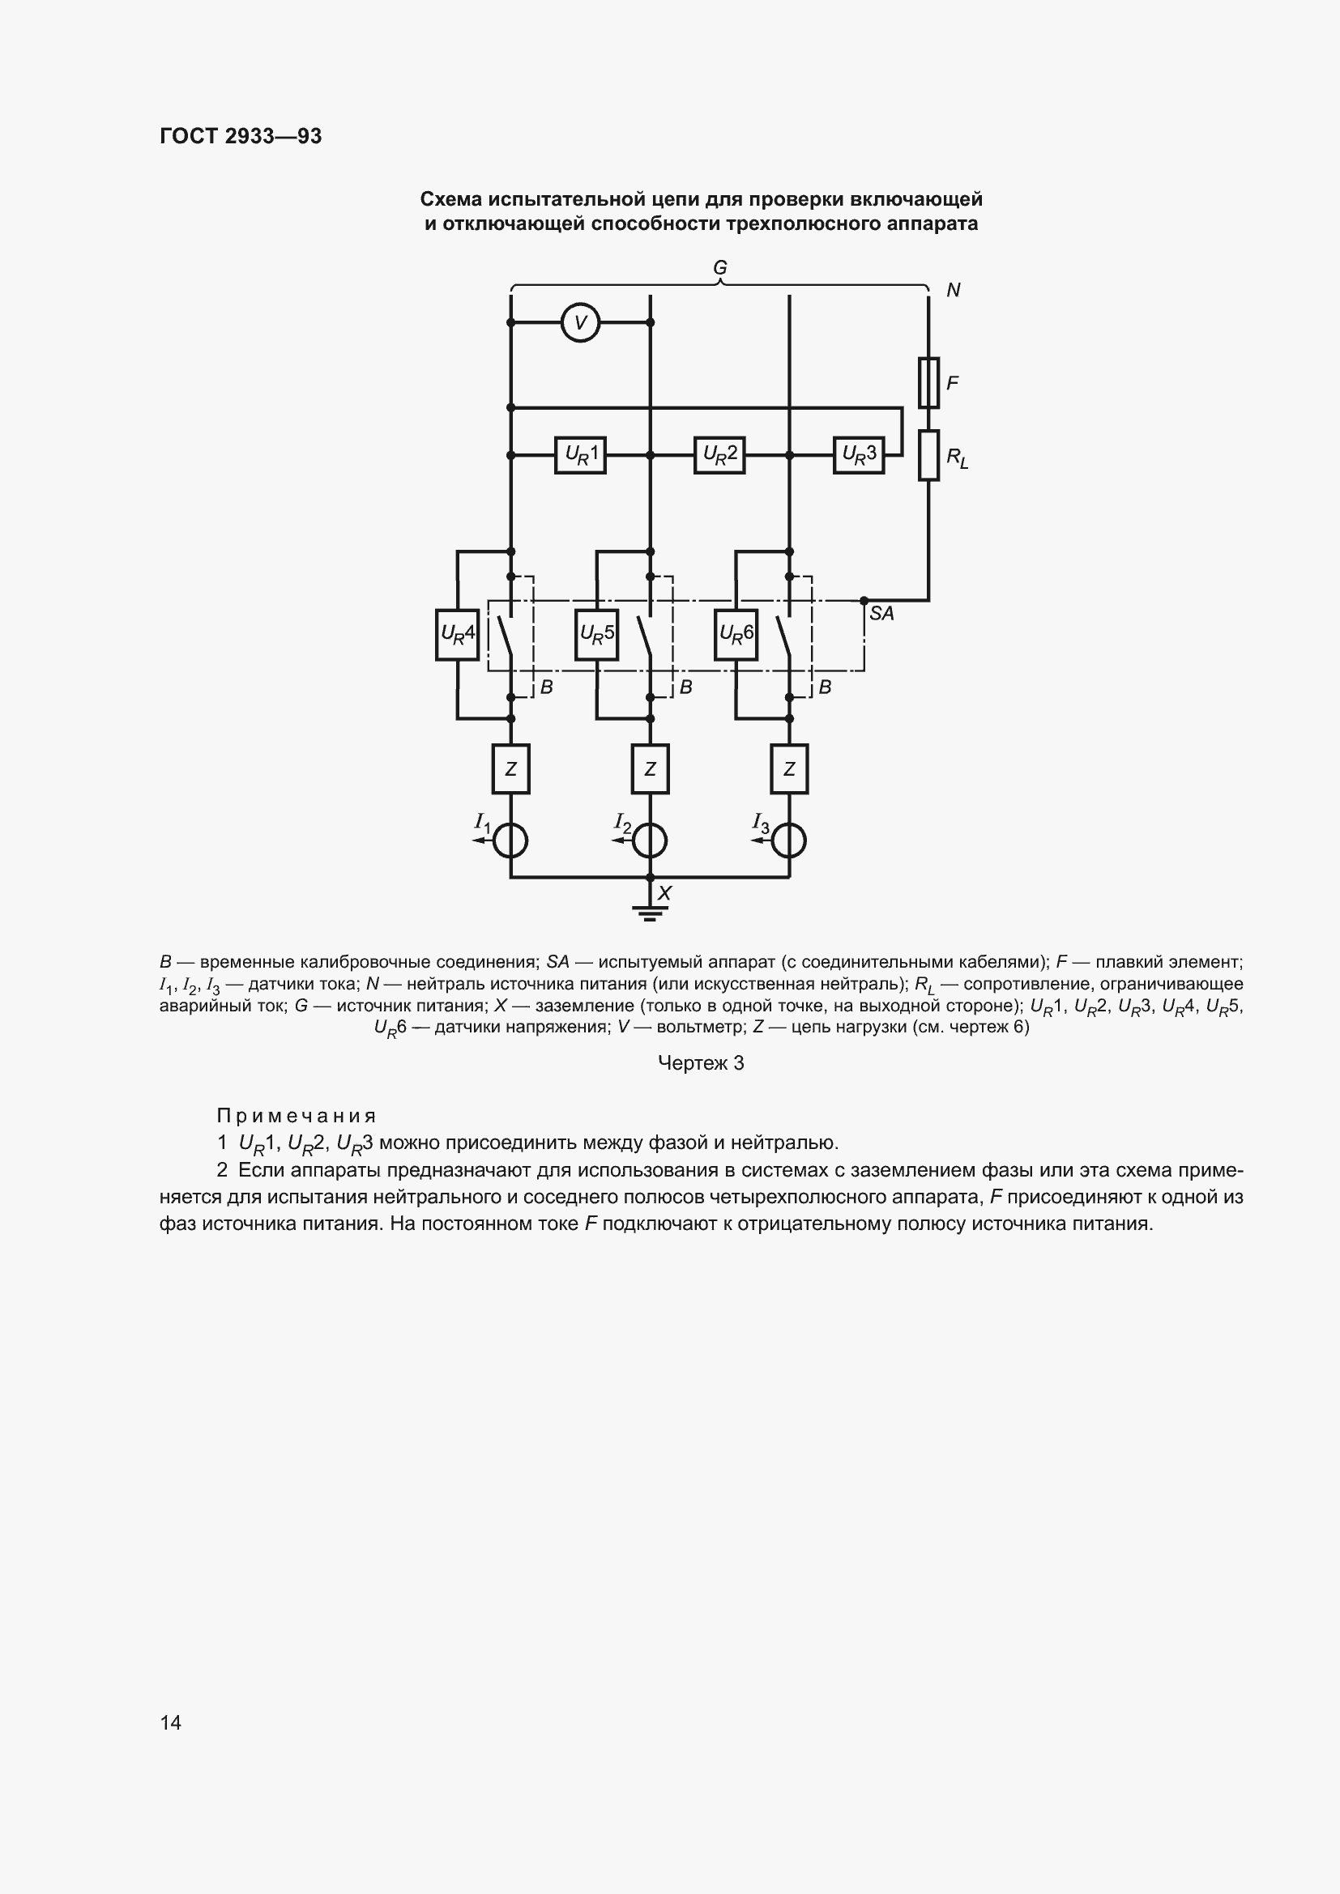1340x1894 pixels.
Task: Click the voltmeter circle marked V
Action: point(580,322)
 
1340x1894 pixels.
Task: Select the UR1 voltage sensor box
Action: point(580,454)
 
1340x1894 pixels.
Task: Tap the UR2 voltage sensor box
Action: point(719,454)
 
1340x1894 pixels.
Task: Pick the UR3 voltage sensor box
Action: point(858,454)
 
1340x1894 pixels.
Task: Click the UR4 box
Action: point(457,634)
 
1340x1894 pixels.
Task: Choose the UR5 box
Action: point(596,634)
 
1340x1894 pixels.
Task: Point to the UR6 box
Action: point(736,634)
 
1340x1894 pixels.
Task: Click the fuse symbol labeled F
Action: point(928,383)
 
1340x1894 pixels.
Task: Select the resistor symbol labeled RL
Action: point(928,454)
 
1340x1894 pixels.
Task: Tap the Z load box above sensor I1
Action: point(510,768)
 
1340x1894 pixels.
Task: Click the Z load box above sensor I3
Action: point(789,768)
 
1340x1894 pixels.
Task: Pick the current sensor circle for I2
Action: point(651,841)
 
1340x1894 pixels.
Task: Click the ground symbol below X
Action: point(651,913)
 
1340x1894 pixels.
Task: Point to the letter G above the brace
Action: point(719,267)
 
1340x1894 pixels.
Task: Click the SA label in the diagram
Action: point(881,613)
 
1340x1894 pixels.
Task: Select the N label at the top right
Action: point(953,290)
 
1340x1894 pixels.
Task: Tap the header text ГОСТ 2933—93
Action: point(241,136)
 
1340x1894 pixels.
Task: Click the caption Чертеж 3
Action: point(701,1063)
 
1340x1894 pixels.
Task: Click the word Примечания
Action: point(297,1115)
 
